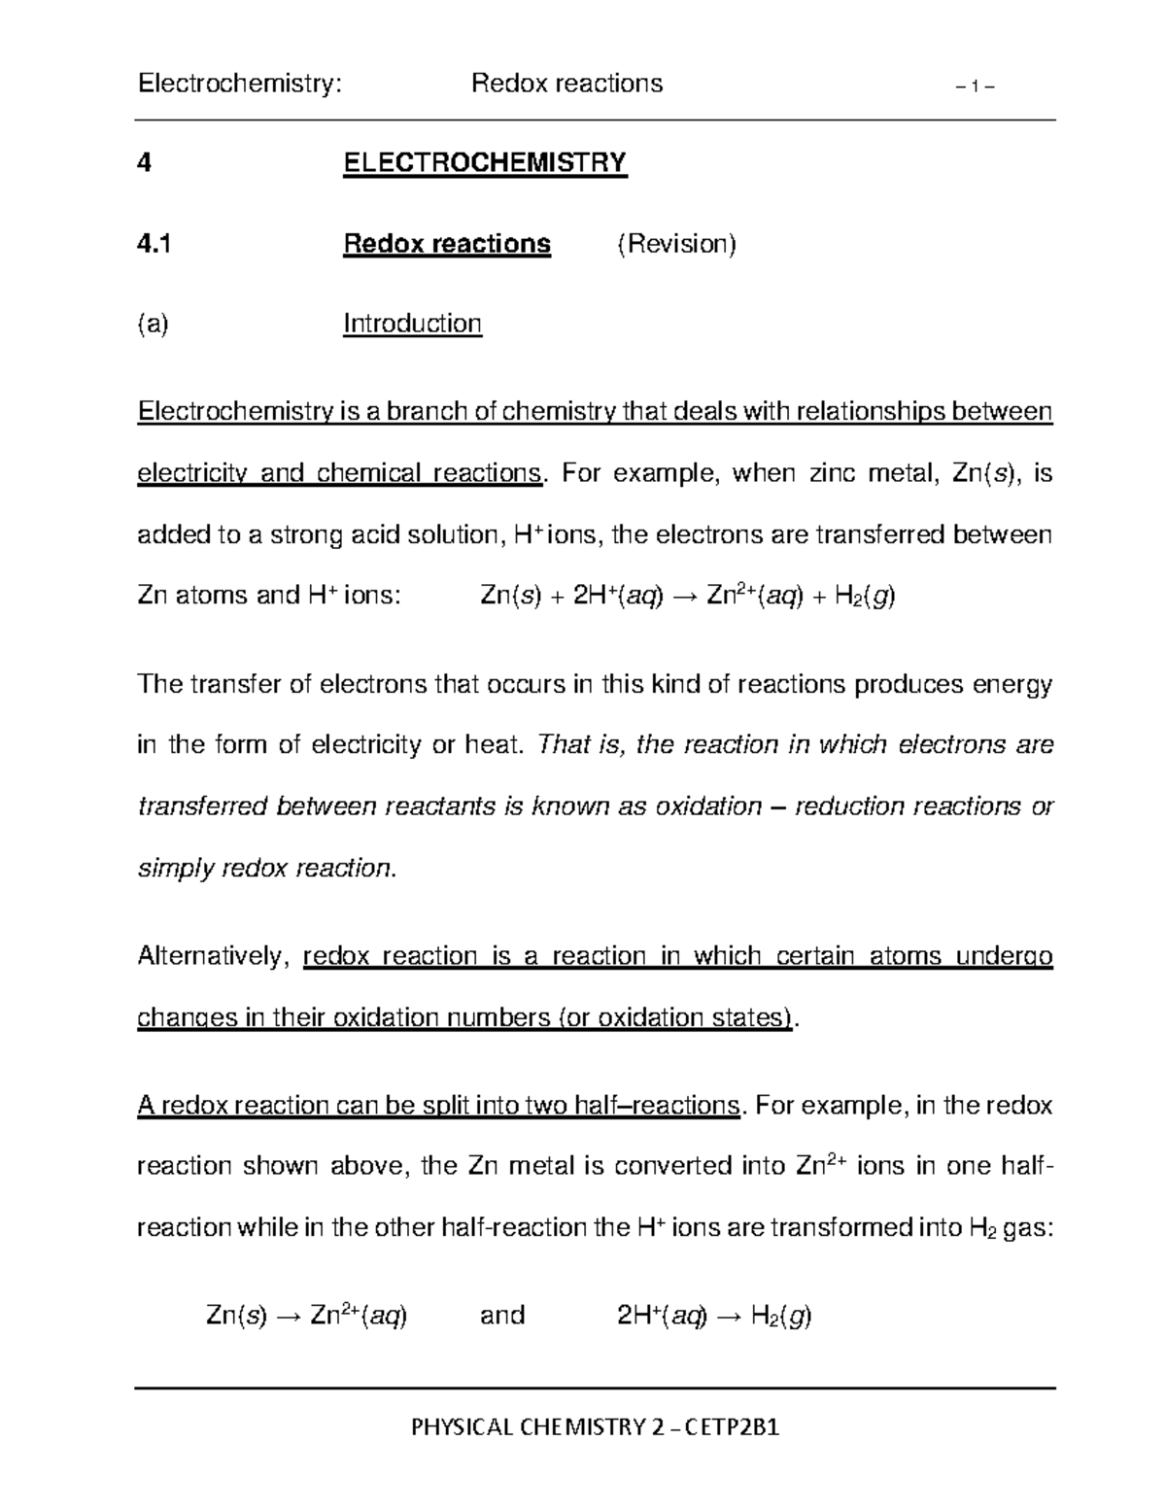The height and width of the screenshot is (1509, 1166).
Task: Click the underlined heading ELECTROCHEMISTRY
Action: (485, 162)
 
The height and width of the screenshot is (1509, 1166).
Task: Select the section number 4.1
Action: (154, 244)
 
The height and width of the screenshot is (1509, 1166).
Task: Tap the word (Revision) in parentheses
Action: (677, 244)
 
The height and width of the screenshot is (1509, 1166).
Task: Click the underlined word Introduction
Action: (412, 324)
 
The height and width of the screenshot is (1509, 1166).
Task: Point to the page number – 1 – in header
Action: (975, 86)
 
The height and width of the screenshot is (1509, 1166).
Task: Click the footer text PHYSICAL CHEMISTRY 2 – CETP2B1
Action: (595, 1427)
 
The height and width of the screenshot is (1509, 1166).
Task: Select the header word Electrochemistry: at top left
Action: (240, 84)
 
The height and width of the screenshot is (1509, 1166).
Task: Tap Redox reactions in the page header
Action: (566, 84)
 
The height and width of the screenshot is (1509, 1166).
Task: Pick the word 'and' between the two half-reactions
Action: (502, 1316)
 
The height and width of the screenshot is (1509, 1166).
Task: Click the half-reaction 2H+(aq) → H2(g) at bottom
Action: (714, 1317)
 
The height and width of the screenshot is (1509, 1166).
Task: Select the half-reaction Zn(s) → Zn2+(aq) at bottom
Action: (307, 1317)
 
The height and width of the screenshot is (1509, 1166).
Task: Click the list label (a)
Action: (153, 324)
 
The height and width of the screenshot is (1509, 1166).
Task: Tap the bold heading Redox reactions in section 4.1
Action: (446, 244)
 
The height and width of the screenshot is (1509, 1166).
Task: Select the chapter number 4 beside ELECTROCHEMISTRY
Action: (145, 162)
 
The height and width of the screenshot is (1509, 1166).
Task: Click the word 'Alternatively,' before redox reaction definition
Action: (213, 957)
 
